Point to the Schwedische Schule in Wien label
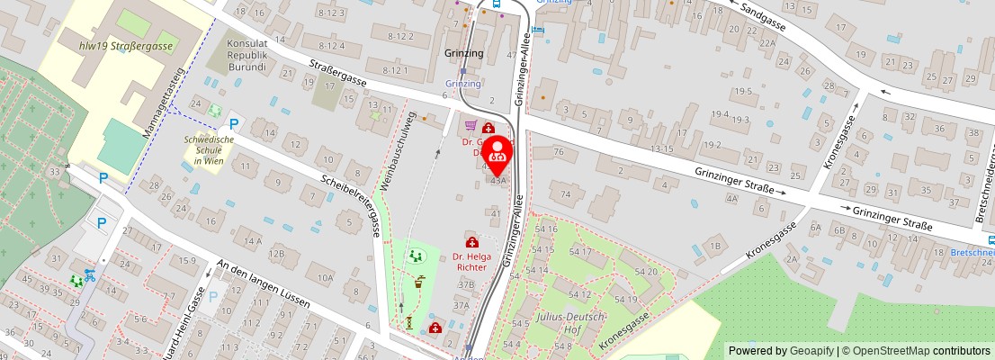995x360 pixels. pyautogui.click(x=209, y=148)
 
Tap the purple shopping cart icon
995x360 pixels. pyautogui.click(x=470, y=127)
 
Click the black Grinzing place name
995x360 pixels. pyautogui.click(x=464, y=53)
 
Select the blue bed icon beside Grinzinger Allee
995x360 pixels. pyautogui.click(x=538, y=29)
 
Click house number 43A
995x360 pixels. pyautogui.click(x=498, y=180)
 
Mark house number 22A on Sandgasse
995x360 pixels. pyautogui.click(x=766, y=42)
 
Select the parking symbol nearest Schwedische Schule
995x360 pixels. pyautogui.click(x=234, y=124)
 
